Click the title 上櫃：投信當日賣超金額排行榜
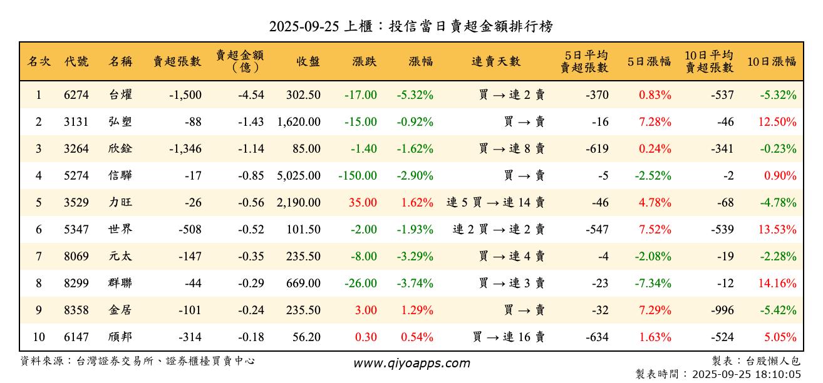(x=411, y=26)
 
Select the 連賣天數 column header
(x=495, y=61)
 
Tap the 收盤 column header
(x=308, y=61)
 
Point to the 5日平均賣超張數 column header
(x=584, y=61)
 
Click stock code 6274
(x=76, y=95)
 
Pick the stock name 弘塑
(x=120, y=122)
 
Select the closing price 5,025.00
(x=299, y=176)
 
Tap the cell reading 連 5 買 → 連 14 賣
(x=495, y=203)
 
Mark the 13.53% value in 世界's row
(x=777, y=230)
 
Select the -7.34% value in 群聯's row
(x=653, y=283)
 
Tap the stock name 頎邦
(x=120, y=337)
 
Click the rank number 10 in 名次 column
(x=39, y=337)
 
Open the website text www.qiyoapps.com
(x=411, y=363)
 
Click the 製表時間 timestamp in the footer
(x=718, y=374)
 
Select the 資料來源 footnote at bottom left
(x=138, y=361)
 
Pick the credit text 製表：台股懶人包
(x=756, y=361)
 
